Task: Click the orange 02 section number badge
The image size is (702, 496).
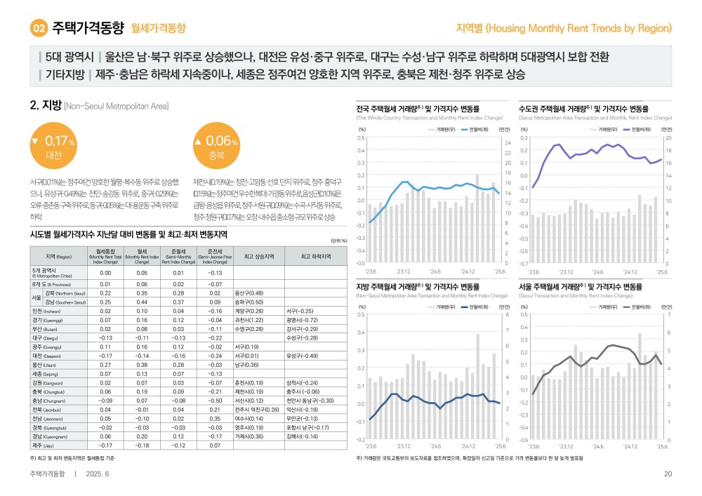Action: (x=39, y=29)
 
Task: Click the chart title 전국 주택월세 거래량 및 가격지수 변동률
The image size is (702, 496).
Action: (x=418, y=109)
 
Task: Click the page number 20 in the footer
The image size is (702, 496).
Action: (x=668, y=474)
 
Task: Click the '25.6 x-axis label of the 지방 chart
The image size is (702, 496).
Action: (x=500, y=445)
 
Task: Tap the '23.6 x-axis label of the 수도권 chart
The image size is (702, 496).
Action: (x=534, y=270)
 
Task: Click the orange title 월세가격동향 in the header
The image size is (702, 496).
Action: (x=158, y=29)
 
